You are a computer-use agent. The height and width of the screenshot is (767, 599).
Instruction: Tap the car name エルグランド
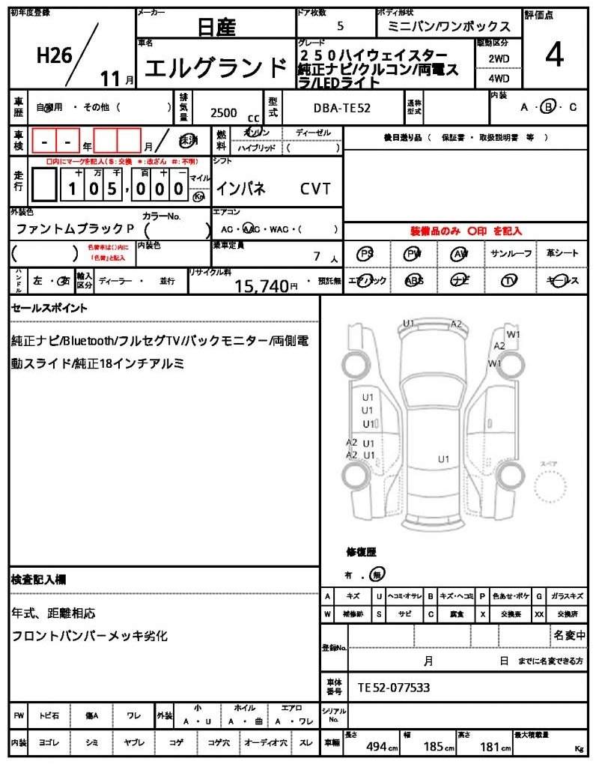216,69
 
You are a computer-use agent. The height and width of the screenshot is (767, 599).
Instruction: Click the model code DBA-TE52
341,108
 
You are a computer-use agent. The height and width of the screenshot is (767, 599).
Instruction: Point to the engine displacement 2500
224,113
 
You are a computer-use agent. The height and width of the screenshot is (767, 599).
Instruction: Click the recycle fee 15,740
262,285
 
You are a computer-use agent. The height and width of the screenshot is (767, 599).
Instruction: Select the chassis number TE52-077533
394,687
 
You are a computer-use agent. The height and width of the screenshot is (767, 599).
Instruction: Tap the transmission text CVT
315,189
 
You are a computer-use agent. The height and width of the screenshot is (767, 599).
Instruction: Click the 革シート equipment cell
562,254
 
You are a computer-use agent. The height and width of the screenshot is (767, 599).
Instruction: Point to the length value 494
376,747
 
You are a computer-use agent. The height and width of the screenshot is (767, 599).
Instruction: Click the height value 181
490,747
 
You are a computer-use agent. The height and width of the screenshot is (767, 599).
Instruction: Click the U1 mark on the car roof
443,458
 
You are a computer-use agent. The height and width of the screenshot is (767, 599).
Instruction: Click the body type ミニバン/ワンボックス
449,27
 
